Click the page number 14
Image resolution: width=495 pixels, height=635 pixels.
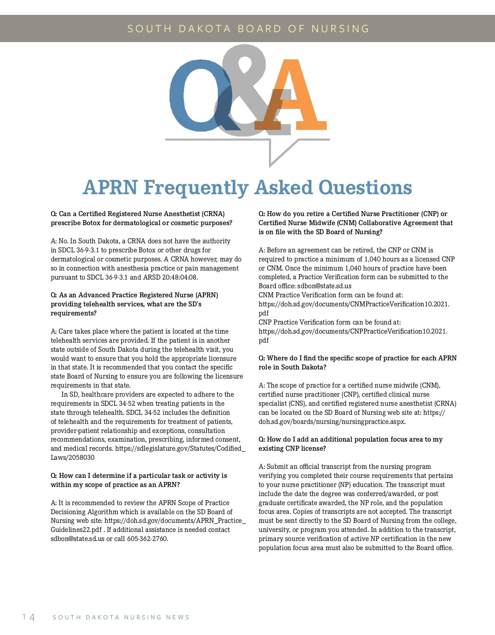click(x=28, y=617)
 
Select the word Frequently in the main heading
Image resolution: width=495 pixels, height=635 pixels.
click(x=196, y=188)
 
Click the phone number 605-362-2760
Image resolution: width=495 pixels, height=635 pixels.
click(x=147, y=539)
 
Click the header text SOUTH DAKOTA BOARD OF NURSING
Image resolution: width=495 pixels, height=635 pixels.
click(x=248, y=28)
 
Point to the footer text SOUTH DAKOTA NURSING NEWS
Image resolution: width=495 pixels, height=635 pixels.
click(x=121, y=617)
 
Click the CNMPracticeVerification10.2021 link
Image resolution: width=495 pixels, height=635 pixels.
click(x=354, y=304)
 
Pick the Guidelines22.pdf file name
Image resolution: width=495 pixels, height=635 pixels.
click(x=76, y=530)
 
